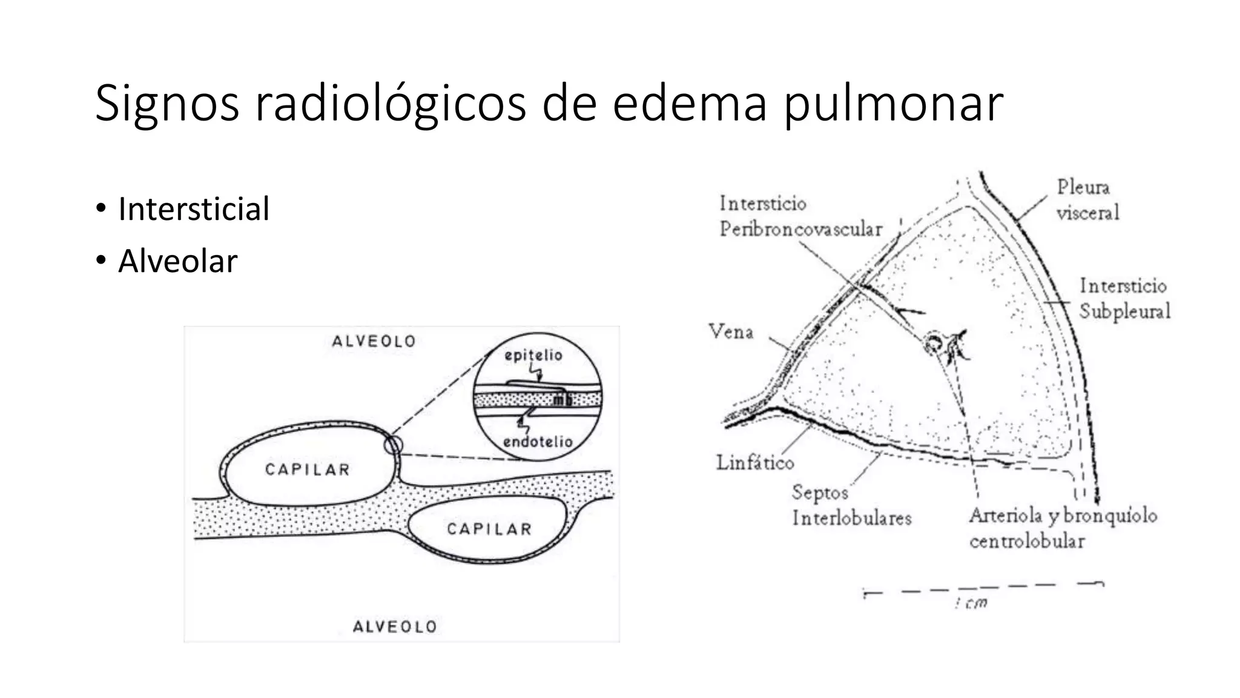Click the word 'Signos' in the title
[167, 104]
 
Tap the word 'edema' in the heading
[690, 104]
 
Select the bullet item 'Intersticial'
[193, 209]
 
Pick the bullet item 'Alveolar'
[177, 261]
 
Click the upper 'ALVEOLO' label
[374, 342]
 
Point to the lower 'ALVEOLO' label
[395, 627]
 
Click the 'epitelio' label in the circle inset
[533, 355]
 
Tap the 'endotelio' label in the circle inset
[538, 442]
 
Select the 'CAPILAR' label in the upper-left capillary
[308, 470]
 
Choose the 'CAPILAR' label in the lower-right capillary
[489, 529]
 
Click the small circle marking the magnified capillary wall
[393, 445]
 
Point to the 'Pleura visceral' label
[1087, 199]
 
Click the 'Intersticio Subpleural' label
[1124, 298]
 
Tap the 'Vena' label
[731, 332]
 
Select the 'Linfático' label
[754, 463]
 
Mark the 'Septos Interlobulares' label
[851, 505]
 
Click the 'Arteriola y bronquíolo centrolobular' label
[1063, 528]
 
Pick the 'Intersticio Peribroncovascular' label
[800, 216]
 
